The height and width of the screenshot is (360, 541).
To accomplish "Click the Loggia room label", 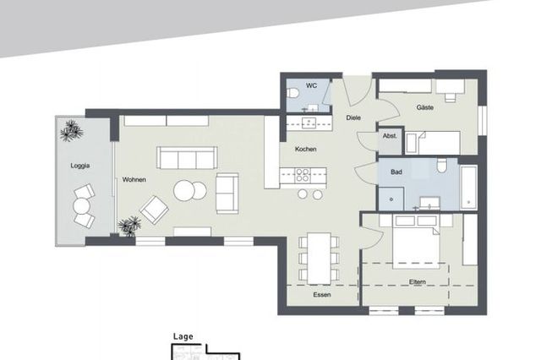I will coord(80,166).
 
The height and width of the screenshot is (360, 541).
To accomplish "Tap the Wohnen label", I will coord(134,179).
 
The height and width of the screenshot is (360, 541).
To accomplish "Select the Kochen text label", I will coord(305,150).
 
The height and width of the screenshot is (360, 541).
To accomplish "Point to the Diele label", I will coord(353,117).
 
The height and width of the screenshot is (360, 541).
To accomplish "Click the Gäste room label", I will coord(425,108).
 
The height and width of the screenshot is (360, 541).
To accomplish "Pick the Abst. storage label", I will coord(390,135).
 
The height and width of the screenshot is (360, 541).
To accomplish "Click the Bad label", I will coord(396,172).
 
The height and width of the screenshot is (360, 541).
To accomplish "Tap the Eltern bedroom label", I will coord(417,281).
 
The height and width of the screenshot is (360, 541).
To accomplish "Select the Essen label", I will coord(322,295).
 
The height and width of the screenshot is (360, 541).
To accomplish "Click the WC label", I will coord(311,85).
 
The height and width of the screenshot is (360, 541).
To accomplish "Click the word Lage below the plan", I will coord(183,336).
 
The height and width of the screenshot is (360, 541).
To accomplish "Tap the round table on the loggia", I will coord(82,205).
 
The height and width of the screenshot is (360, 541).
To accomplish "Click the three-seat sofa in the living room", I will coord(186,157).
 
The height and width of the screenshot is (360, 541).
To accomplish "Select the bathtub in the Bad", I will coord(468,187).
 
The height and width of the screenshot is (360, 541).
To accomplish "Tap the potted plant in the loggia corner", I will coord(69,130).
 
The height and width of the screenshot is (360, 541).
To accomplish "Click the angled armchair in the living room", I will coord(154,208).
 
